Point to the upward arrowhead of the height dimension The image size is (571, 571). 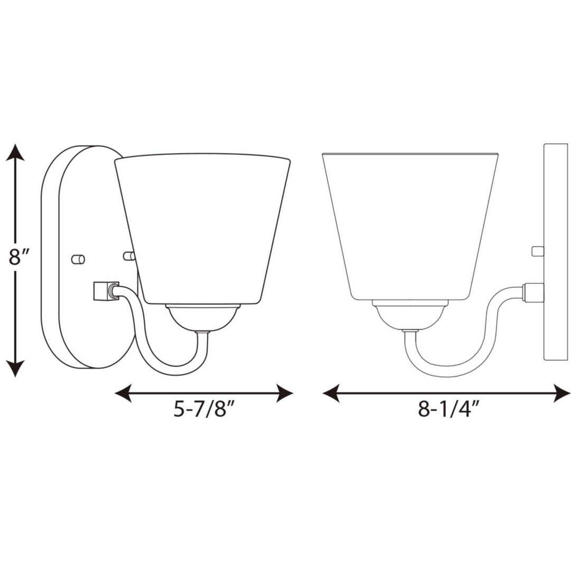[15, 153]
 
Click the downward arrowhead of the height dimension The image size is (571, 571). [15, 368]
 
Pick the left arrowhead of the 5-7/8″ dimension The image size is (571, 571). [123, 393]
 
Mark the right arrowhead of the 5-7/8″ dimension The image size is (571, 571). [284, 393]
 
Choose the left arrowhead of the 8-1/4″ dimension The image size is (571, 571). [331, 393]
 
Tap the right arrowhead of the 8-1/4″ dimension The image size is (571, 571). [561, 393]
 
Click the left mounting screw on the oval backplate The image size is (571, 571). [78, 259]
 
